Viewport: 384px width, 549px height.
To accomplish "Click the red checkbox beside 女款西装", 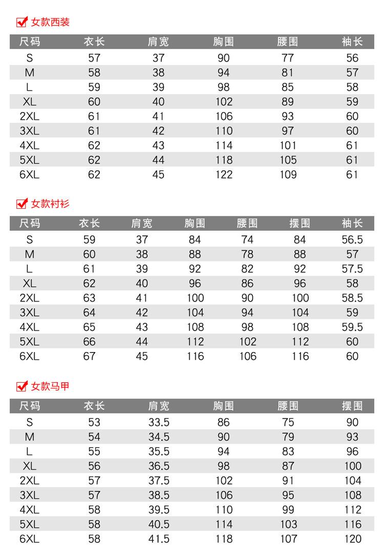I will pos(22,23).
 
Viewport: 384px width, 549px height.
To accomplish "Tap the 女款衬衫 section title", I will pos(50,204).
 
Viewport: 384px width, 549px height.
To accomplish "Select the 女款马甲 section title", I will pos(50,386).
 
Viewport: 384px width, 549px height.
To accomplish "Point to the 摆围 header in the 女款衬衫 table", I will pos(300,224).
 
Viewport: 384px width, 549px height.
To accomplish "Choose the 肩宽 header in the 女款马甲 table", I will pos(158,406).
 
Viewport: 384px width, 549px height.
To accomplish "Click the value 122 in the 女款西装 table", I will pos(224,175).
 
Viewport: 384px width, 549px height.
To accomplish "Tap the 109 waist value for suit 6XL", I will pos(288,175).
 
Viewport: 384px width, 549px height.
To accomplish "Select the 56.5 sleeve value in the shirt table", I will pos(352,239).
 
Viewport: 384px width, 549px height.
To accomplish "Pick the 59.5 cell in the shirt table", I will pos(352,327).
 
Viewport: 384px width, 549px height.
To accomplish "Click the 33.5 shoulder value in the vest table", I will pos(158,423).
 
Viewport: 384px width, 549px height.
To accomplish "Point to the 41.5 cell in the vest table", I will pos(158,539).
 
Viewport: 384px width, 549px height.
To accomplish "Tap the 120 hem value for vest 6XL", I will pos(352,539).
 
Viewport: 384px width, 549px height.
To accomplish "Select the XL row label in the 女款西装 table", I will pos(29,102).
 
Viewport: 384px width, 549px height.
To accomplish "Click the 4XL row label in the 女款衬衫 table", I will pos(29,327).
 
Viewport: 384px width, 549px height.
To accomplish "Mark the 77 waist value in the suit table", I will pos(288,58).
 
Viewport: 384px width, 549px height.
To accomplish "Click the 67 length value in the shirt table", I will pos(89,356).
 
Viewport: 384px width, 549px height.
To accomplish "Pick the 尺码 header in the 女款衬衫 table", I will pos(29,224).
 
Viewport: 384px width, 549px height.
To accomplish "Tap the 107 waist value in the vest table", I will pos(288,539).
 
